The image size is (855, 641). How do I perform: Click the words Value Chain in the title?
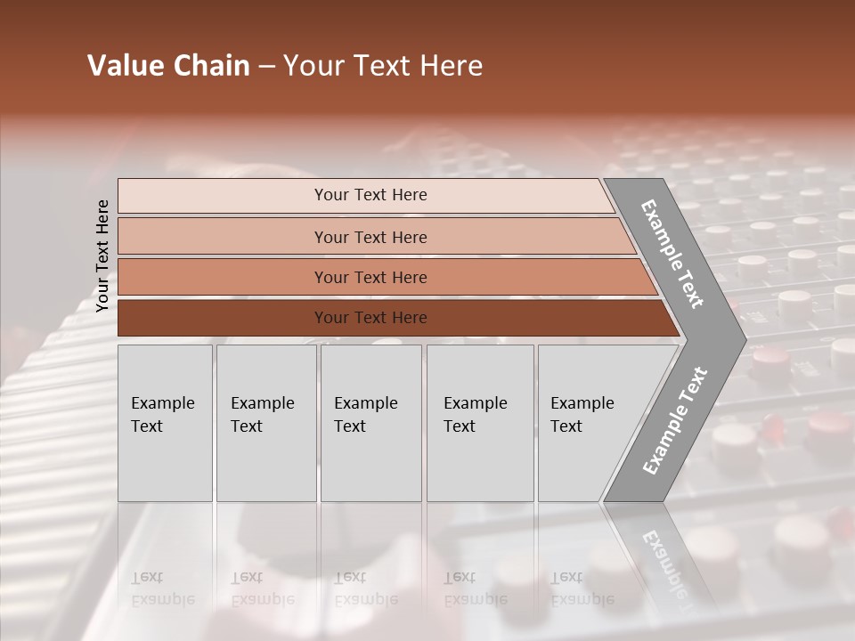click(168, 66)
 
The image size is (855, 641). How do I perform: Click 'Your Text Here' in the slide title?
click(383, 66)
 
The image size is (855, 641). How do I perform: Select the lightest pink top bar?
click(223, 196)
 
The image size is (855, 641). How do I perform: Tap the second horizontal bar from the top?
click(223, 237)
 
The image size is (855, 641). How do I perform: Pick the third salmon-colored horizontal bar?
click(223, 277)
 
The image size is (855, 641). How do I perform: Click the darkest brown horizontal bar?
click(223, 318)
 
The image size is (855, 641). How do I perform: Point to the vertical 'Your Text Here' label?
click(102, 256)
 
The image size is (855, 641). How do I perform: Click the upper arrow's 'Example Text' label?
click(672, 254)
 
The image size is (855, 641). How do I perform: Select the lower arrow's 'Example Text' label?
click(675, 420)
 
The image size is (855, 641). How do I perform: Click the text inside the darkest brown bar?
click(370, 318)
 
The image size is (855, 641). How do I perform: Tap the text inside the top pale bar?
click(370, 195)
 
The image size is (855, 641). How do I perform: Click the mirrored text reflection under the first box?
click(163, 588)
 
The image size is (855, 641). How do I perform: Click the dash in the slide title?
click(266, 67)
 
